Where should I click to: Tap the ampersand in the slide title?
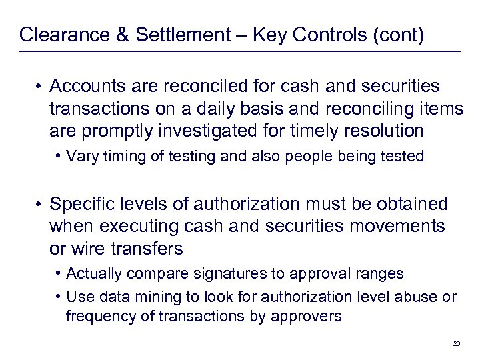[x=123, y=35]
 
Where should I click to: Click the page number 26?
[x=456, y=343]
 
